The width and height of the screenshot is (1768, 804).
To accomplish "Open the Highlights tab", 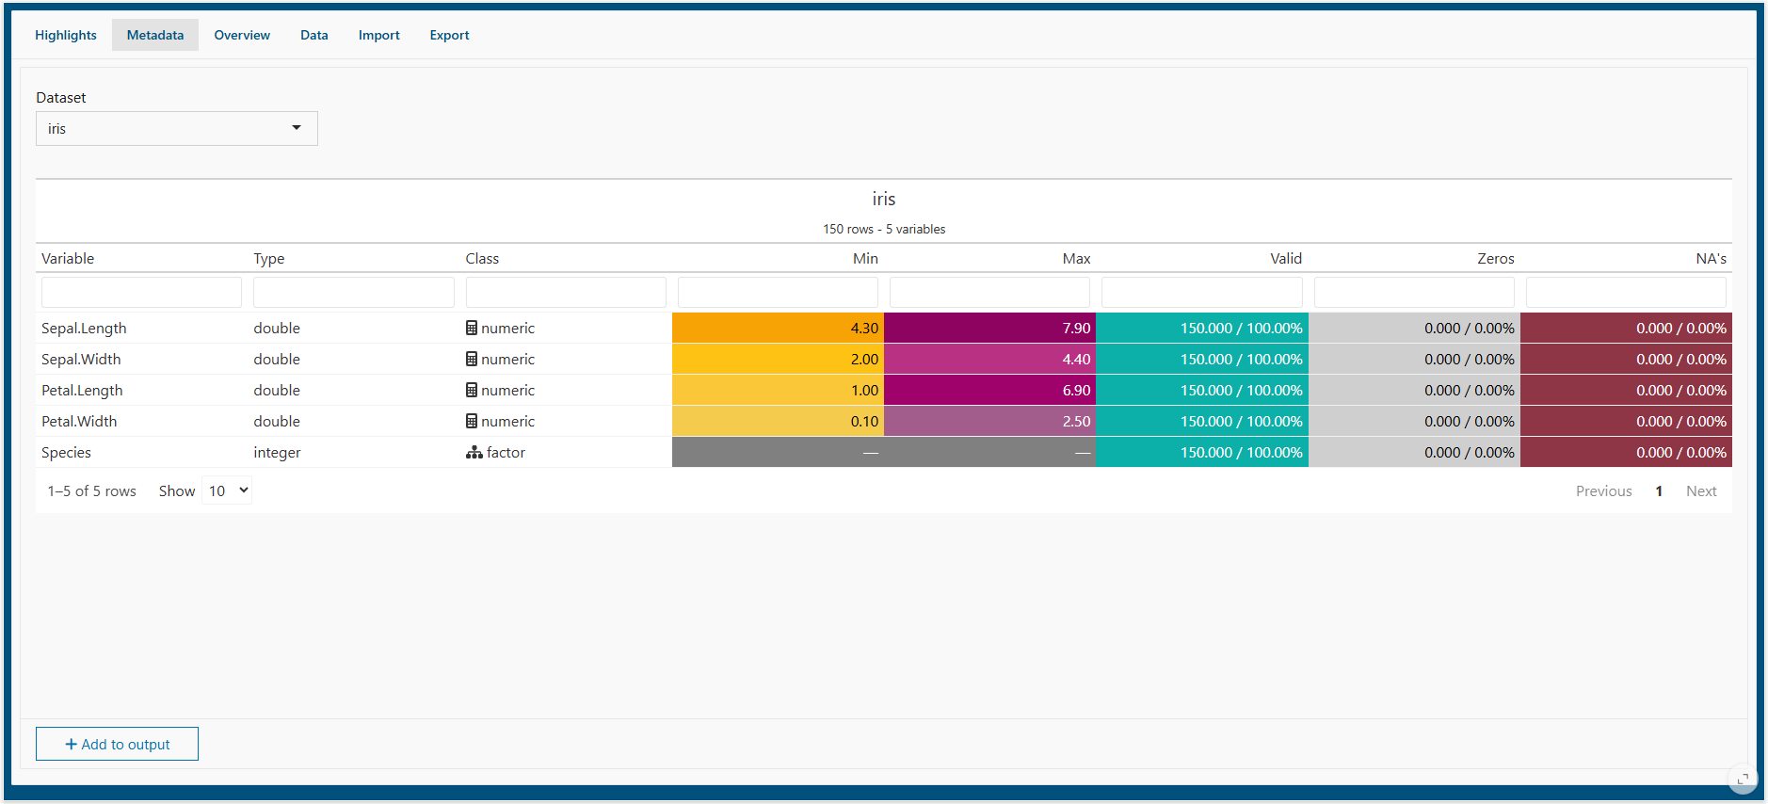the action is [66, 35].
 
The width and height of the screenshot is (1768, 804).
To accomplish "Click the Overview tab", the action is [242, 35].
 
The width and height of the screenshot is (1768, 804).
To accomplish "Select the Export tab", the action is [449, 35].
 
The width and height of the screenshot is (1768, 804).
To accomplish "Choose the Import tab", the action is [378, 35].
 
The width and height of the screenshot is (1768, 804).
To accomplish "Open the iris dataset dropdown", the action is [177, 129].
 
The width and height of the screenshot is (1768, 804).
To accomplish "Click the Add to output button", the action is [117, 744].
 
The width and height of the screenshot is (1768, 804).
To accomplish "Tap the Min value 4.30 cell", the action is [778, 328].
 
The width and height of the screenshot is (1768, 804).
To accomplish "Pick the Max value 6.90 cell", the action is [990, 390].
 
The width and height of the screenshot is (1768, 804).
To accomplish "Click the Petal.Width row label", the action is [79, 421].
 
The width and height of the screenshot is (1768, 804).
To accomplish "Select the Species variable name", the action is [66, 452].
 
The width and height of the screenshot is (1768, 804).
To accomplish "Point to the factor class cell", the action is [495, 452].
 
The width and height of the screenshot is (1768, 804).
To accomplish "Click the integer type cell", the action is [277, 452].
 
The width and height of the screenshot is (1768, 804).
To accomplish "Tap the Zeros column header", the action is [1495, 258].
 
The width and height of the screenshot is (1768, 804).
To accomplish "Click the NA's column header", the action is [1711, 258].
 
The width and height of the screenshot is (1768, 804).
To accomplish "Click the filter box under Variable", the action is [141, 292].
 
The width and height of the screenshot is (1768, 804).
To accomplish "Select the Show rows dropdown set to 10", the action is [227, 490].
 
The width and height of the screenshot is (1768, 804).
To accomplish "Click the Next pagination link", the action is [1701, 490].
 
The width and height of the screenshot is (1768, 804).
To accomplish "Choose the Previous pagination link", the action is [1604, 490].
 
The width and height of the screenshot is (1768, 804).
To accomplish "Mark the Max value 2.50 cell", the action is [990, 421].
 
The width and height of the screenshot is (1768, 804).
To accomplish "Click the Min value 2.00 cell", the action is [778, 359].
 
